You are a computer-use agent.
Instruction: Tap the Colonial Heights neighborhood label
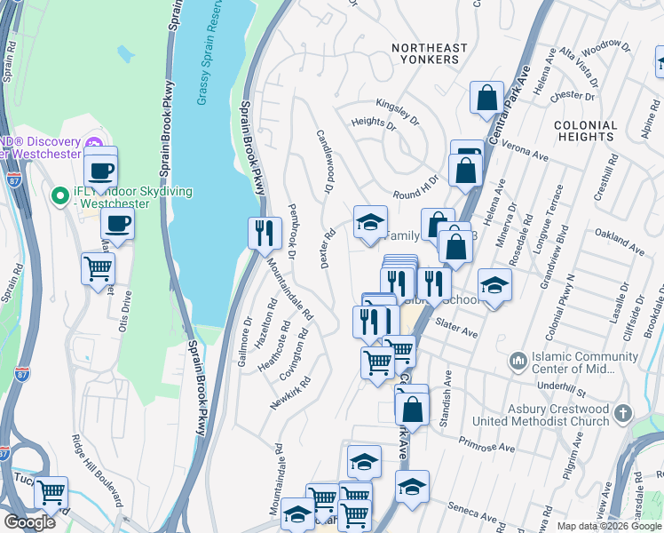pos(585,131)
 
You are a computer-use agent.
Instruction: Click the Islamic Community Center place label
pos(576,363)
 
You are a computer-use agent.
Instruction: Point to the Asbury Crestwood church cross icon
pos(623,414)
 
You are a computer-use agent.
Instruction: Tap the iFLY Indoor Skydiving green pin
pos(60,195)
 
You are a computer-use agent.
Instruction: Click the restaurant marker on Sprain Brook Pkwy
pos(264,233)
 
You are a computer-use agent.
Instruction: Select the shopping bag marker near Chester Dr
pos(486,98)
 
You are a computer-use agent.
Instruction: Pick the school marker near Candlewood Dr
pos(370,222)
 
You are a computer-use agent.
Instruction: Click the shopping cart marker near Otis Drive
pos(98,267)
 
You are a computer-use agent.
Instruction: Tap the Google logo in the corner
pos(30,522)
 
